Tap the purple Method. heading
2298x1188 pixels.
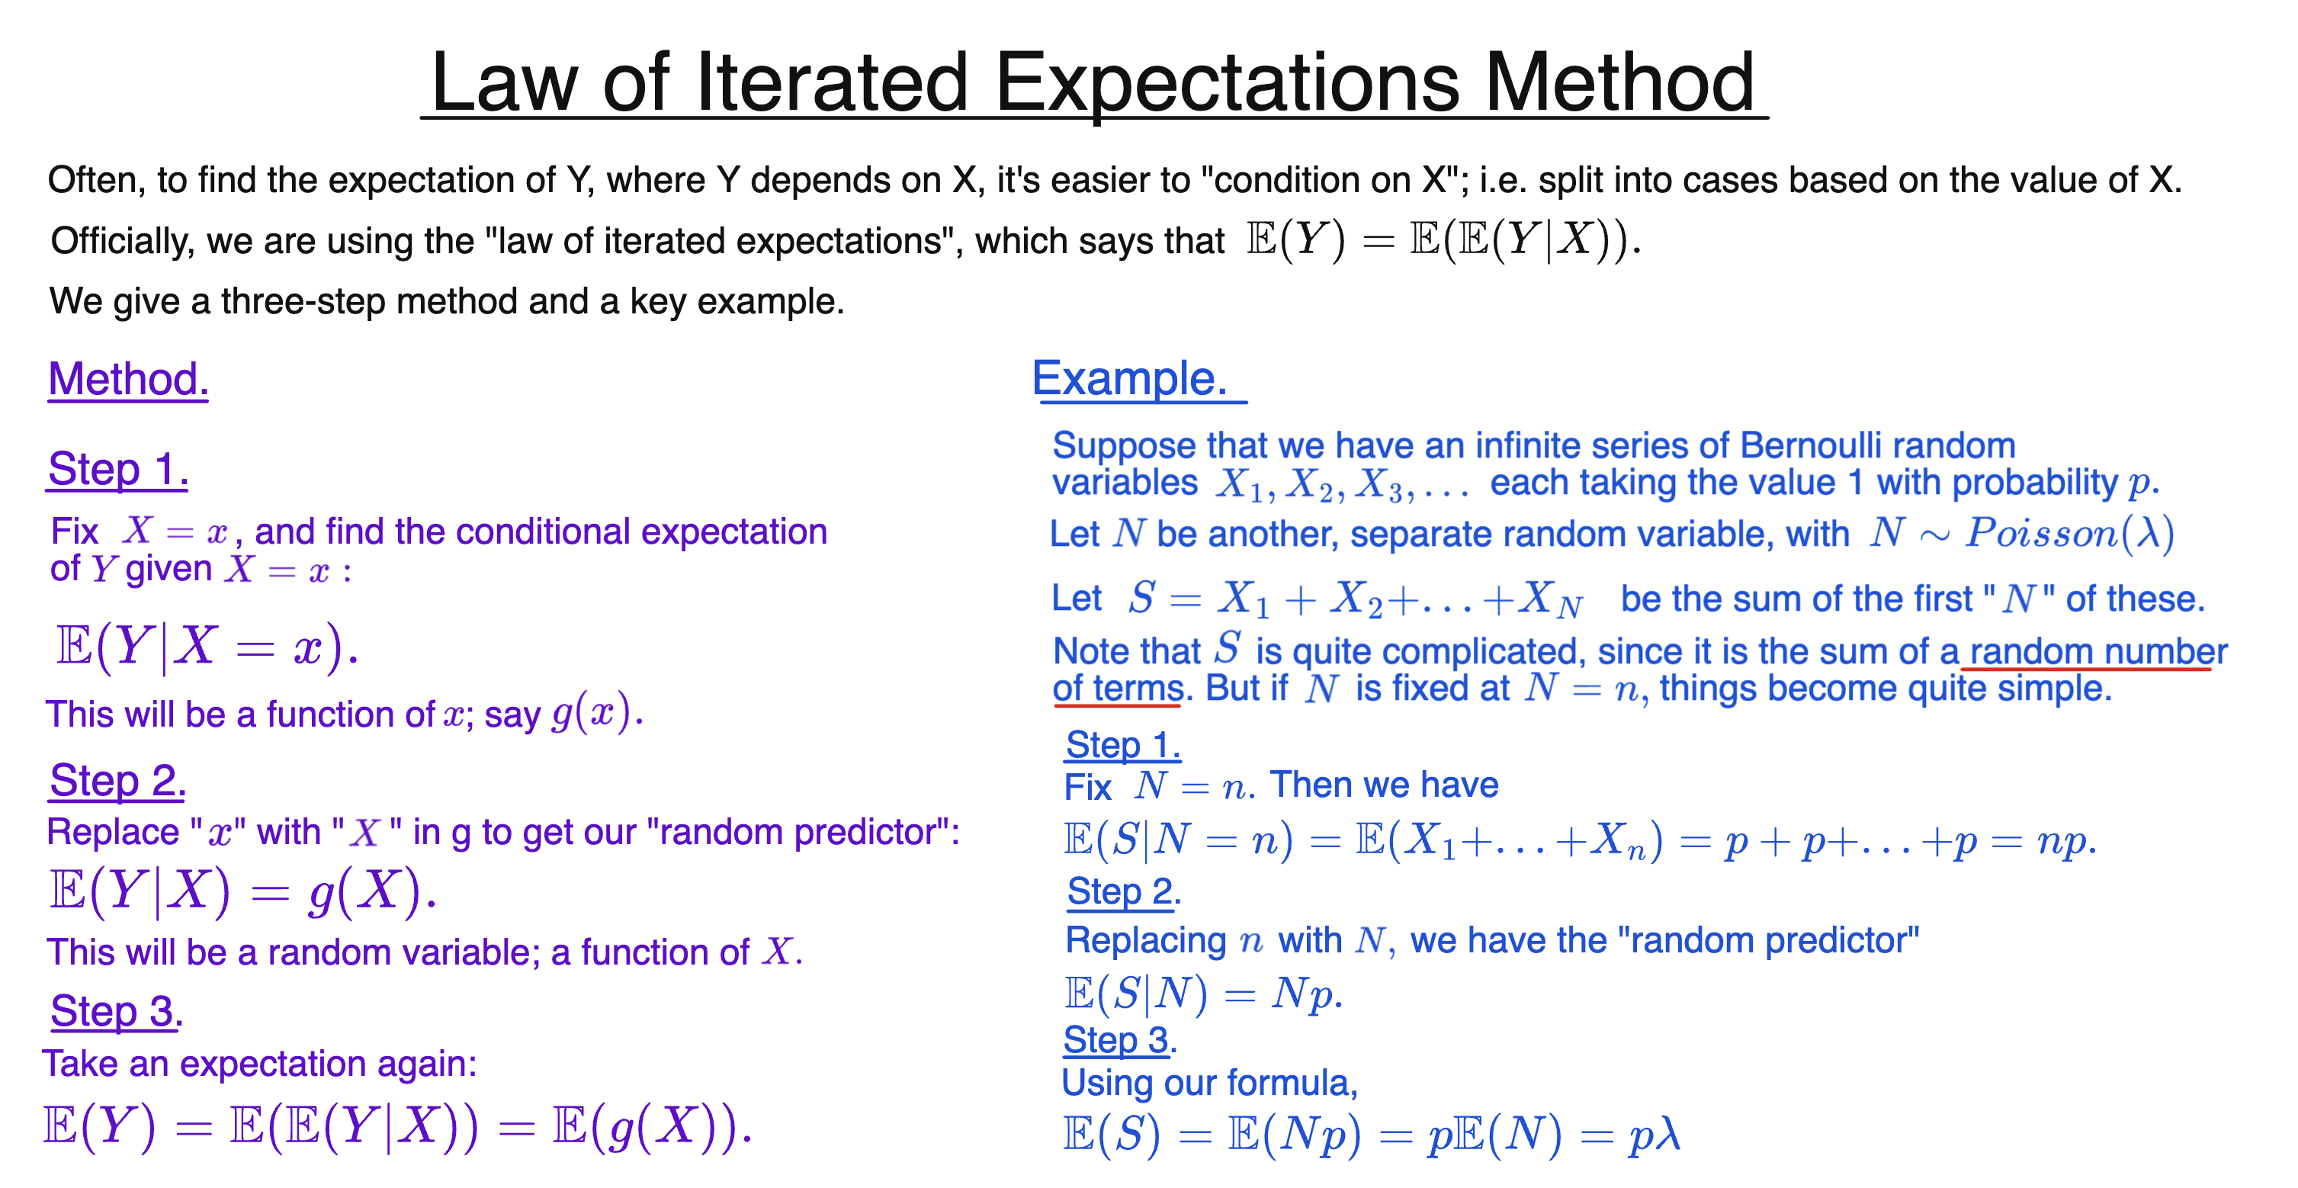(127, 379)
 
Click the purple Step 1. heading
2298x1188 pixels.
(117, 469)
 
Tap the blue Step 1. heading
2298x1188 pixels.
(1122, 745)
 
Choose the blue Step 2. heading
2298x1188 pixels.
(1123, 891)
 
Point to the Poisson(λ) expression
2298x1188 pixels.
(2069, 533)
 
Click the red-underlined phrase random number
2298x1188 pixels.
(2097, 651)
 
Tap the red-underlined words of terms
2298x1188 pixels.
(1117, 689)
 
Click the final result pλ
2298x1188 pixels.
(1654, 1135)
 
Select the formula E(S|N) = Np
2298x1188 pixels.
(1202, 994)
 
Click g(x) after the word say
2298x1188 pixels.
(591, 713)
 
